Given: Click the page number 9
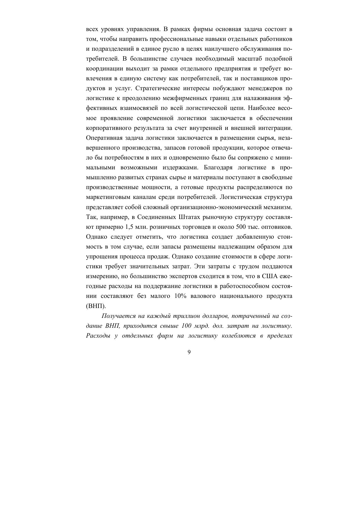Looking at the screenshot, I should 189,352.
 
